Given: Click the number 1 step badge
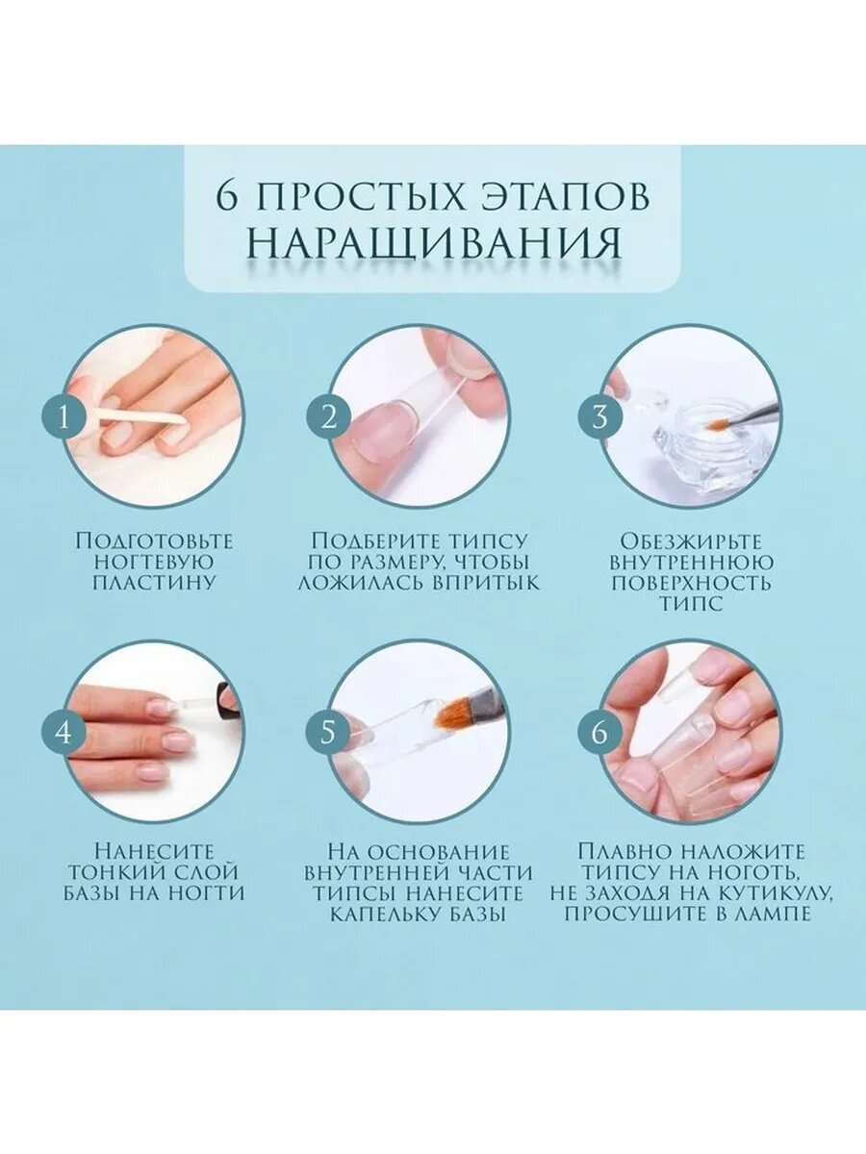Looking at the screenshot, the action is pyautogui.click(x=64, y=418).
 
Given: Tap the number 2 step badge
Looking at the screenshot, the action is pyautogui.click(x=329, y=418).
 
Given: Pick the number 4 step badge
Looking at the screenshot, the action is pyautogui.click(x=64, y=733).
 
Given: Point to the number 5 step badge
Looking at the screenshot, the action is pyautogui.click(x=328, y=733).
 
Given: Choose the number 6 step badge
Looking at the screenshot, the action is pyautogui.click(x=599, y=733).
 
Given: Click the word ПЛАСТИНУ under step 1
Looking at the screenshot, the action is pyautogui.click(x=155, y=583).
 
